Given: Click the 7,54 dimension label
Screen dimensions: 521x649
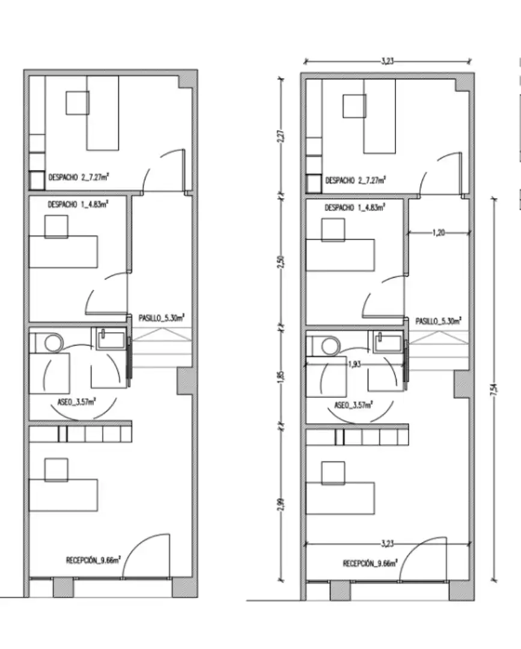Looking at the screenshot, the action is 494,390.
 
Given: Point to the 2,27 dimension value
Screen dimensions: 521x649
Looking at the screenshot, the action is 281,136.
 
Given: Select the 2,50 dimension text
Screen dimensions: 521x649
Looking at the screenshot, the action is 281,262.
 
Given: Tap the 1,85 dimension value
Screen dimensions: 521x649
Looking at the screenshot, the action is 281,376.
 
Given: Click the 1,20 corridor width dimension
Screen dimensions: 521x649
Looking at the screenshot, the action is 439,233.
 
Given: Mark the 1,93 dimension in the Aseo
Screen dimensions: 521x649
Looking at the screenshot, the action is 354,364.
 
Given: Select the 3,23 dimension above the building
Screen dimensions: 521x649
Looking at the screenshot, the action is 388,61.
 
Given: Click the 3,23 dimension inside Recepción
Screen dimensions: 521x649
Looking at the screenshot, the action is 388,543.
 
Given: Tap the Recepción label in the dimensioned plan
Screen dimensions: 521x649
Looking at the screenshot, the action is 370,563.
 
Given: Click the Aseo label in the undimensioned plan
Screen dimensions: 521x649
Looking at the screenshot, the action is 76,402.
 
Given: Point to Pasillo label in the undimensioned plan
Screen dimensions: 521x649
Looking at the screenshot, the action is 162,318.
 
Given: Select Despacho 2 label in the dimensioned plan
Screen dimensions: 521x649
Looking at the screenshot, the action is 356,180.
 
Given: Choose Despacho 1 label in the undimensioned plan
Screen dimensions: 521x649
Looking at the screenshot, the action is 78,204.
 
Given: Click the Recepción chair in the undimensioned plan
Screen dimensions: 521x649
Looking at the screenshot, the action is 56,470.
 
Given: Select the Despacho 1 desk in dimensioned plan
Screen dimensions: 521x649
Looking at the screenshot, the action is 340,255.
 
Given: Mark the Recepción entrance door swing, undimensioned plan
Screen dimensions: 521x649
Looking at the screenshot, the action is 145,555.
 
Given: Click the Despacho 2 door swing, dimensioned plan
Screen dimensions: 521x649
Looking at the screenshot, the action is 440,174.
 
